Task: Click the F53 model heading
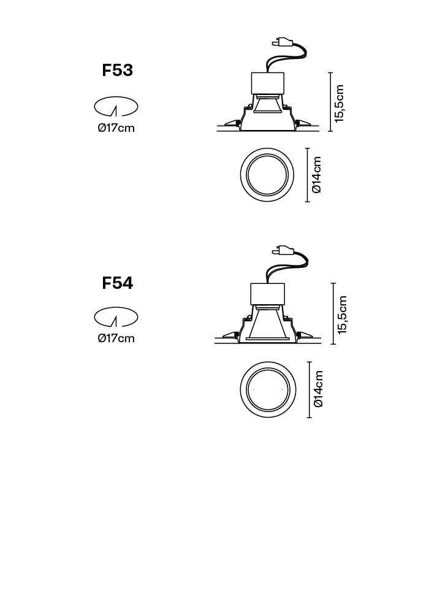pyautogui.click(x=117, y=70)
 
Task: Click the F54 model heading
pyautogui.click(x=117, y=283)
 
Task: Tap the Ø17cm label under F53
pyautogui.click(x=116, y=128)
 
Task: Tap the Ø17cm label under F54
pyautogui.click(x=116, y=338)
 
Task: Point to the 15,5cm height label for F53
pyautogui.click(x=340, y=104)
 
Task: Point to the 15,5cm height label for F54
pyautogui.click(x=342, y=315)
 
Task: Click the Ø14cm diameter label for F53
pyautogui.click(x=316, y=175)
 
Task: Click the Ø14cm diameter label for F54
pyautogui.click(x=318, y=389)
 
